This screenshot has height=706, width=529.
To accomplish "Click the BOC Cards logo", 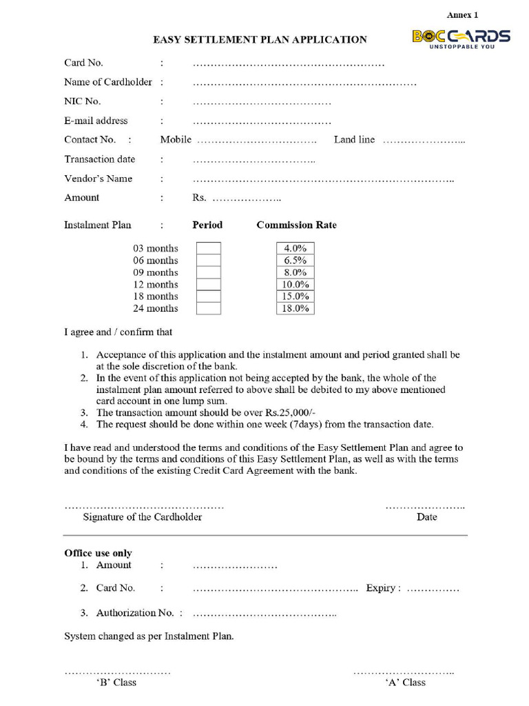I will [x=461, y=39].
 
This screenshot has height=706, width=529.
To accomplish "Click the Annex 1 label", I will [x=462, y=14].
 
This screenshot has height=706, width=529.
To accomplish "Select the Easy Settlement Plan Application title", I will [x=260, y=40].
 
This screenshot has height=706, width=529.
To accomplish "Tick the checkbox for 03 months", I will [x=209, y=248].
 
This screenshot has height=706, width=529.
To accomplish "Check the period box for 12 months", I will [x=209, y=285].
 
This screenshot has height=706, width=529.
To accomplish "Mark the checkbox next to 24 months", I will [x=209, y=308].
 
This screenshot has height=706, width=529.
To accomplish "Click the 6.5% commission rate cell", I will [x=295, y=261].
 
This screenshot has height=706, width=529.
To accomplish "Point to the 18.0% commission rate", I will [x=295, y=308].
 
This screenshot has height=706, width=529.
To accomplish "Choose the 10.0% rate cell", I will [x=295, y=285].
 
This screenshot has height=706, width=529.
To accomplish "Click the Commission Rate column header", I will [x=296, y=225].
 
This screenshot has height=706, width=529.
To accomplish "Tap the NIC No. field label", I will [x=83, y=101].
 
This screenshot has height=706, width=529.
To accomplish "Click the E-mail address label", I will [x=96, y=121].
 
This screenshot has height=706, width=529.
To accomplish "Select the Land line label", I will [x=354, y=140].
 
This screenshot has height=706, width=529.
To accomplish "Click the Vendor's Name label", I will [x=98, y=179].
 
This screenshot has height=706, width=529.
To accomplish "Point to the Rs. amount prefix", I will [x=199, y=198].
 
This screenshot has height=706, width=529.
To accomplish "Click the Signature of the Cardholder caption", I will [x=143, y=517].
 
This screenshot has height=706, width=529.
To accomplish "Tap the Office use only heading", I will [x=98, y=553].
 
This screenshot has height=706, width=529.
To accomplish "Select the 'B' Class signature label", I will [x=116, y=683].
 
